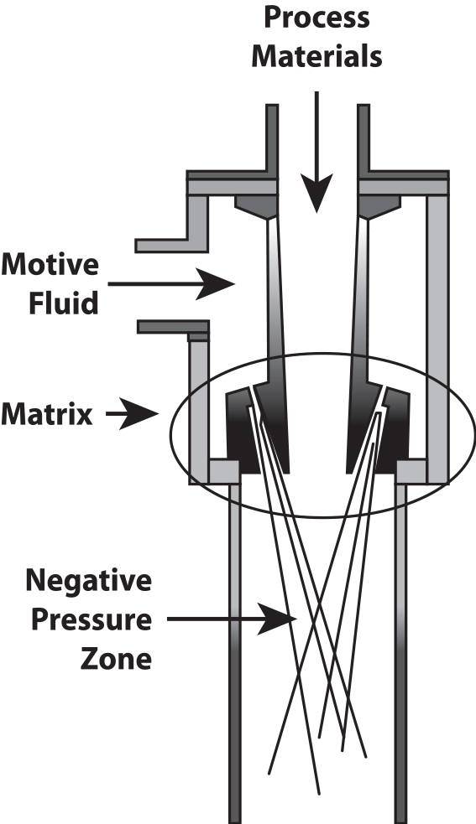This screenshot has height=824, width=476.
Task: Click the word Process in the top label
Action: pyautogui.click(x=316, y=17)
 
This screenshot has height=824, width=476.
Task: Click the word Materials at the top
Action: pyautogui.click(x=316, y=56)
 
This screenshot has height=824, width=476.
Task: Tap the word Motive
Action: pyautogui.click(x=50, y=264)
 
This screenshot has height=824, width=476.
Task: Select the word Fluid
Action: pyautogui.click(x=63, y=303)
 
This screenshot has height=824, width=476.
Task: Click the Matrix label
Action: pyautogui.click(x=47, y=414)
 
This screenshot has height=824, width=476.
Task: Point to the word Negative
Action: pyautogui.click(x=88, y=581)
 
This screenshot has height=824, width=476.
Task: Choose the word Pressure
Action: pyautogui.click(x=92, y=620)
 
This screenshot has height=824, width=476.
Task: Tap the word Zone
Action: pyautogui.click(x=116, y=659)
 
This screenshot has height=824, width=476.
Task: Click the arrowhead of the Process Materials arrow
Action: pyautogui.click(x=316, y=193)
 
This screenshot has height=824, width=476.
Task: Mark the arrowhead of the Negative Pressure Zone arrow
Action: pyautogui.click(x=277, y=619)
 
